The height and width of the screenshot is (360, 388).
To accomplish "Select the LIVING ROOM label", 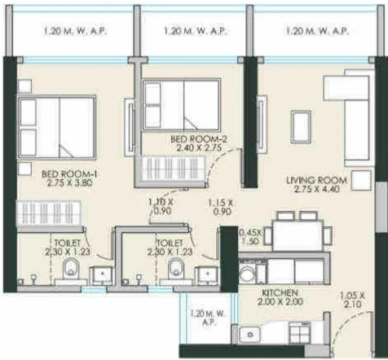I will pyautogui.click(x=316, y=180).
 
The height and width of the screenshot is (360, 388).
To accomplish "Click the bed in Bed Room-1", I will pyautogui.click(x=55, y=128).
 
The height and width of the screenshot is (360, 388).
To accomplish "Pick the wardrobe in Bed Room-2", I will pyautogui.click(x=170, y=169).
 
